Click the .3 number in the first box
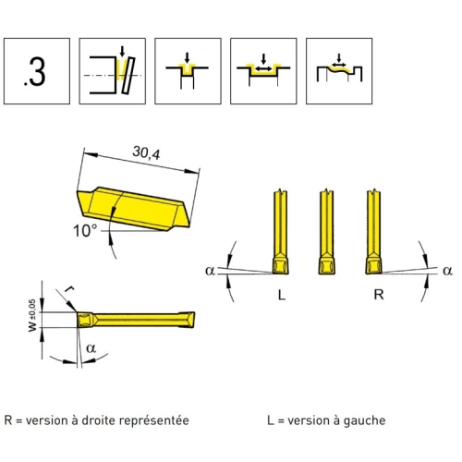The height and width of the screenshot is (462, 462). [x=35, y=72]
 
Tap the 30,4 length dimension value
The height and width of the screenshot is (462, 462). [x=146, y=152]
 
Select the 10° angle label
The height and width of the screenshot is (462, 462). [x=85, y=231]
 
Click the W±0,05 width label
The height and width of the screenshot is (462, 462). [x=32, y=315]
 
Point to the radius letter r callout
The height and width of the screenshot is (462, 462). [x=70, y=289]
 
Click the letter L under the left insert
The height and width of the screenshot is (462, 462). [x=282, y=295]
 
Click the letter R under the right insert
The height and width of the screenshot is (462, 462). [x=379, y=295]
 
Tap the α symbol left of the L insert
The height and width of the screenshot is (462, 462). [x=210, y=271]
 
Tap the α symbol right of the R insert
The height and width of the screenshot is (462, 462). [x=447, y=271]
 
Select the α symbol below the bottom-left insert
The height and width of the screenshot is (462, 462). [x=91, y=348]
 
